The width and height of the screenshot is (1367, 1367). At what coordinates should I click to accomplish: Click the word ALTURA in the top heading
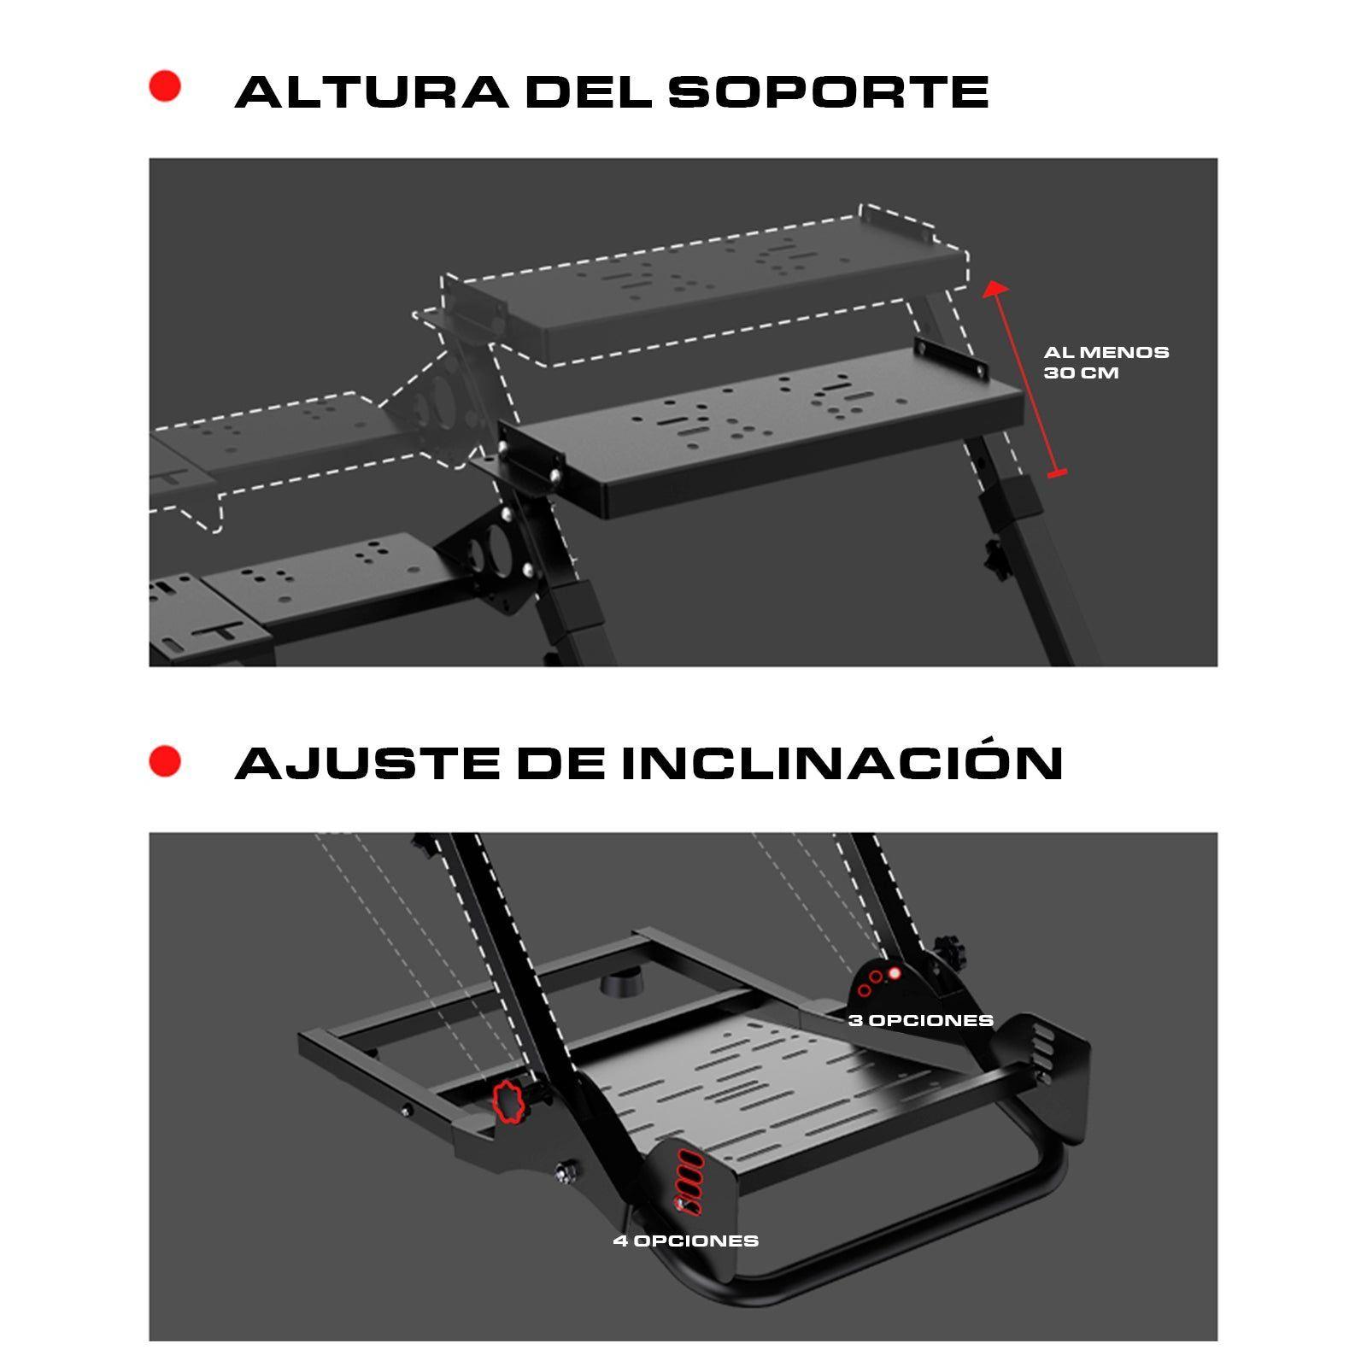(x=372, y=92)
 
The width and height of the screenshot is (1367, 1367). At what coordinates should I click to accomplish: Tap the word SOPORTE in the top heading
(x=828, y=92)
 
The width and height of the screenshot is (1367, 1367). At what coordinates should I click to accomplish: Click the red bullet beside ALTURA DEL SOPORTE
(x=165, y=86)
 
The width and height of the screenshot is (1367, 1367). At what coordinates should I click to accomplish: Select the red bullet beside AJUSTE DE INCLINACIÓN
(x=165, y=760)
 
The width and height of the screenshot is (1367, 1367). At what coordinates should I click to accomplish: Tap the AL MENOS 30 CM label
(x=1105, y=362)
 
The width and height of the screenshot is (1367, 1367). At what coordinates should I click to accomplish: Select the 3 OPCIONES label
(x=920, y=1020)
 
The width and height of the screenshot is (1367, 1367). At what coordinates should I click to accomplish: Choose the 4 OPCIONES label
(x=685, y=1241)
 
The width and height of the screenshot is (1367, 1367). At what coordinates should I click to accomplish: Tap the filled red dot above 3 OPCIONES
(x=895, y=973)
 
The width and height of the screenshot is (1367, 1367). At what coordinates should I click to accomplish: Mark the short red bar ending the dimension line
(x=1057, y=472)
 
